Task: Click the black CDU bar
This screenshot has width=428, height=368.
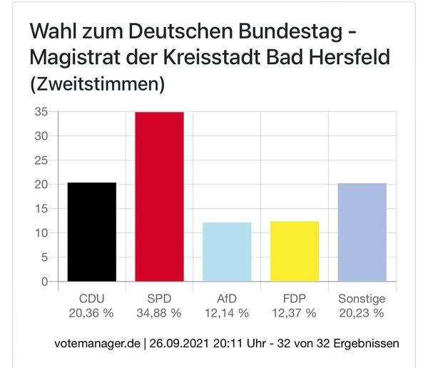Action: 92,232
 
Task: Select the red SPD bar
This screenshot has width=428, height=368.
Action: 159,196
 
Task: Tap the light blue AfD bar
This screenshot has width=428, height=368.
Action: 227,252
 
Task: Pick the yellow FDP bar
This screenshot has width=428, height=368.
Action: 295,251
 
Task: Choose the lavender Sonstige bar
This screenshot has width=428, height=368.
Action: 362,232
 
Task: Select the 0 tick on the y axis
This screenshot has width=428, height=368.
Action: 44,282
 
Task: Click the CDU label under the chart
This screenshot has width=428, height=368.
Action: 92,300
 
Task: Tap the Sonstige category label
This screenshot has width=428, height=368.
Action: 362,300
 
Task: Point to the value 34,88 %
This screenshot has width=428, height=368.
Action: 159,312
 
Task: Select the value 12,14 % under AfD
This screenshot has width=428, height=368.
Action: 227,312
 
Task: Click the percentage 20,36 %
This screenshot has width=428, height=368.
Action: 92,312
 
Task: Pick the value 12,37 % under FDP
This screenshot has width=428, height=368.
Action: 295,312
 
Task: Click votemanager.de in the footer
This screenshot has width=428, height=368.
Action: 98,344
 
